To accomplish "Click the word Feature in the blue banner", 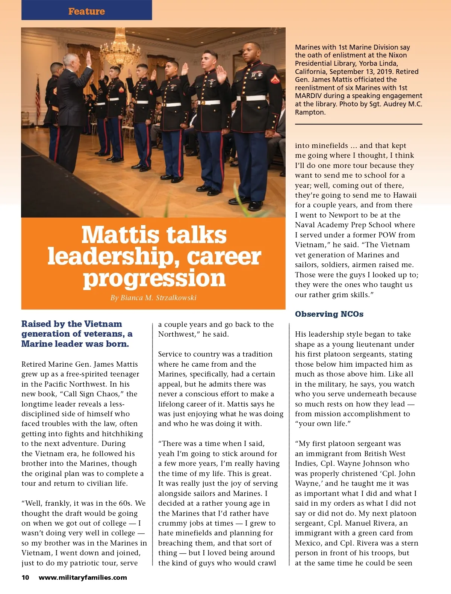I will [86, 11].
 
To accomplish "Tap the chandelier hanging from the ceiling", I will [121, 49].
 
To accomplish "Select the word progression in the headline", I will [154, 278].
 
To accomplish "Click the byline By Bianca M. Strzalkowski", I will [153, 298].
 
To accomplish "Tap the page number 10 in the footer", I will [25, 577].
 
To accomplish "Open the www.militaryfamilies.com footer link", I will [83, 577].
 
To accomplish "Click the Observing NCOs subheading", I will [329, 314].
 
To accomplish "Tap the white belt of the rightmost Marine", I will [251, 98].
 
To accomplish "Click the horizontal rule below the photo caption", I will [359, 124].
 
